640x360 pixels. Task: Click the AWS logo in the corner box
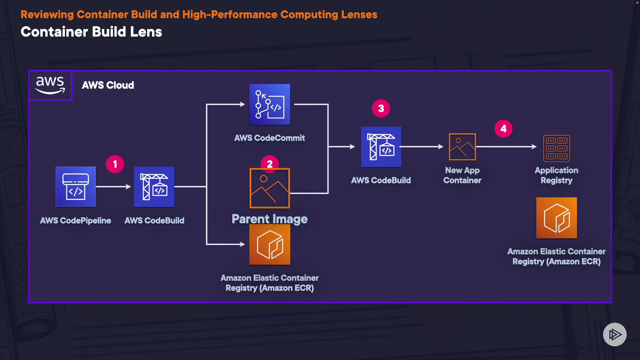coord(50,85)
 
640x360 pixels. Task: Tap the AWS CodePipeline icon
coord(76,187)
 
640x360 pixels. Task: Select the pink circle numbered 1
coord(115,164)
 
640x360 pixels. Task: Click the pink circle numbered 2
coord(270,163)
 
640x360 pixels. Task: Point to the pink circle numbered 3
coord(381,108)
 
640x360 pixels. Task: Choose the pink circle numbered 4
coord(503,129)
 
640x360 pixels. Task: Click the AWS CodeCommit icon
coord(270,104)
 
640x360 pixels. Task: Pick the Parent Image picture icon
coord(270,188)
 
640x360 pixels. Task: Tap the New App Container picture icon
coord(462,147)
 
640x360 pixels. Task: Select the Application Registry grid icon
coord(556,148)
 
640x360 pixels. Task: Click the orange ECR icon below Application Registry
coord(556,218)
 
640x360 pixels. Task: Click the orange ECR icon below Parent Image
coord(270,245)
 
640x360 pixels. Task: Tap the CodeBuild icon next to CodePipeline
coord(154,187)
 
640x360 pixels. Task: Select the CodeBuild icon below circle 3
coord(381,147)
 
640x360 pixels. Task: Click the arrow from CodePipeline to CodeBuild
coord(113,187)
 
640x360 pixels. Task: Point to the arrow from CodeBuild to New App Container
coord(422,147)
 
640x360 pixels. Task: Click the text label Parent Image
coord(270,219)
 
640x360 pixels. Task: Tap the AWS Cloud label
coord(108,85)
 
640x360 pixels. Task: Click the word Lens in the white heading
coord(146,32)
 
